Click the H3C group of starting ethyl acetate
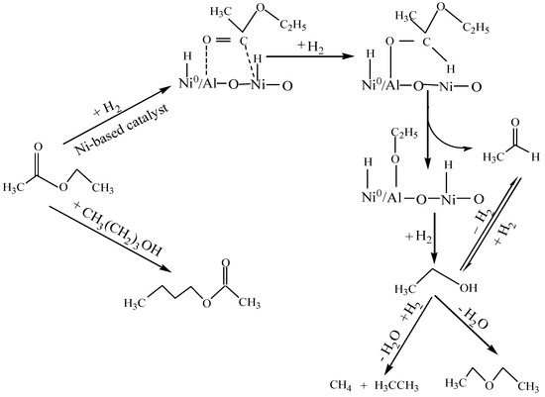click(x=17, y=186)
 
